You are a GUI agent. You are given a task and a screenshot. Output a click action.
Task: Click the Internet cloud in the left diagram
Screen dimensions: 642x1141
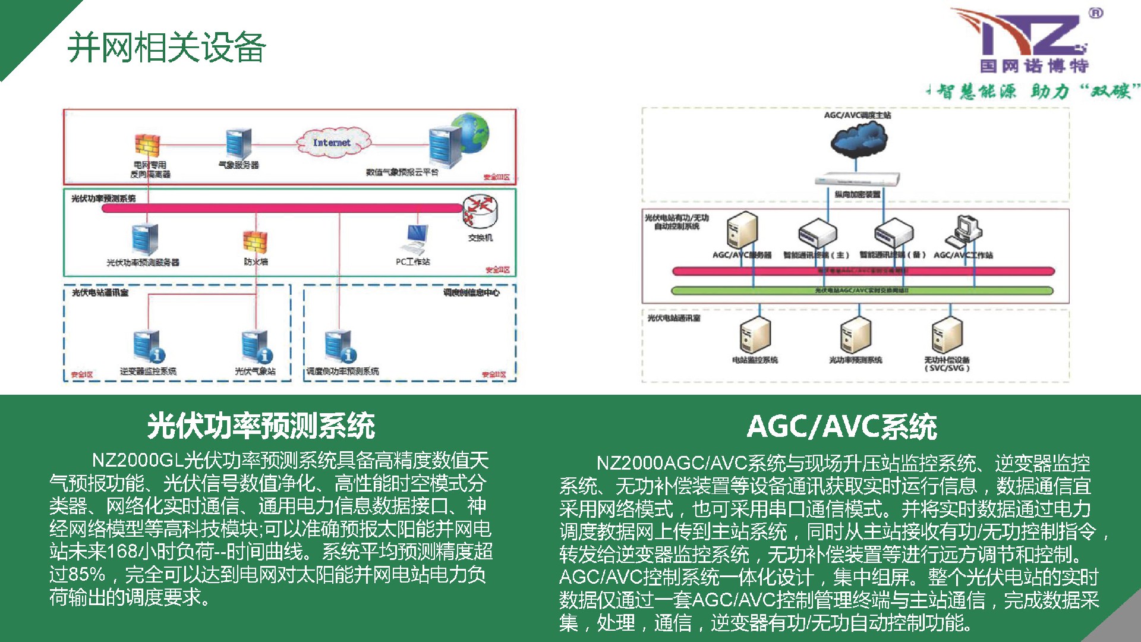(x=333, y=143)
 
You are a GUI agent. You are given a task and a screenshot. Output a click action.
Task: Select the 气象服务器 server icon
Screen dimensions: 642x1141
(x=238, y=143)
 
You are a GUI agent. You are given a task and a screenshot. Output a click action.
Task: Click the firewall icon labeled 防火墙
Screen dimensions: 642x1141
(x=256, y=241)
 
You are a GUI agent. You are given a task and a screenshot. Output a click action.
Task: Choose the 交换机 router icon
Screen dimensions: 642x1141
(x=480, y=212)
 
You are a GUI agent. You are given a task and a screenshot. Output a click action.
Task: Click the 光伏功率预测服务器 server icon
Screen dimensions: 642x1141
(x=145, y=240)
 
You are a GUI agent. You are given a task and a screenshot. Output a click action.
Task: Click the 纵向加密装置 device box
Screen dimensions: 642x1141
(x=857, y=180)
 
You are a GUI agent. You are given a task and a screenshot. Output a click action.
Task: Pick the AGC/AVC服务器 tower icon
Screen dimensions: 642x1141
(x=742, y=231)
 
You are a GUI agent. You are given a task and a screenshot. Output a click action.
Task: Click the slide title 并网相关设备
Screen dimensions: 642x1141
(x=166, y=48)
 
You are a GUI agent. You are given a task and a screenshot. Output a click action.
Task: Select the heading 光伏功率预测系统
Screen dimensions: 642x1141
(x=261, y=426)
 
